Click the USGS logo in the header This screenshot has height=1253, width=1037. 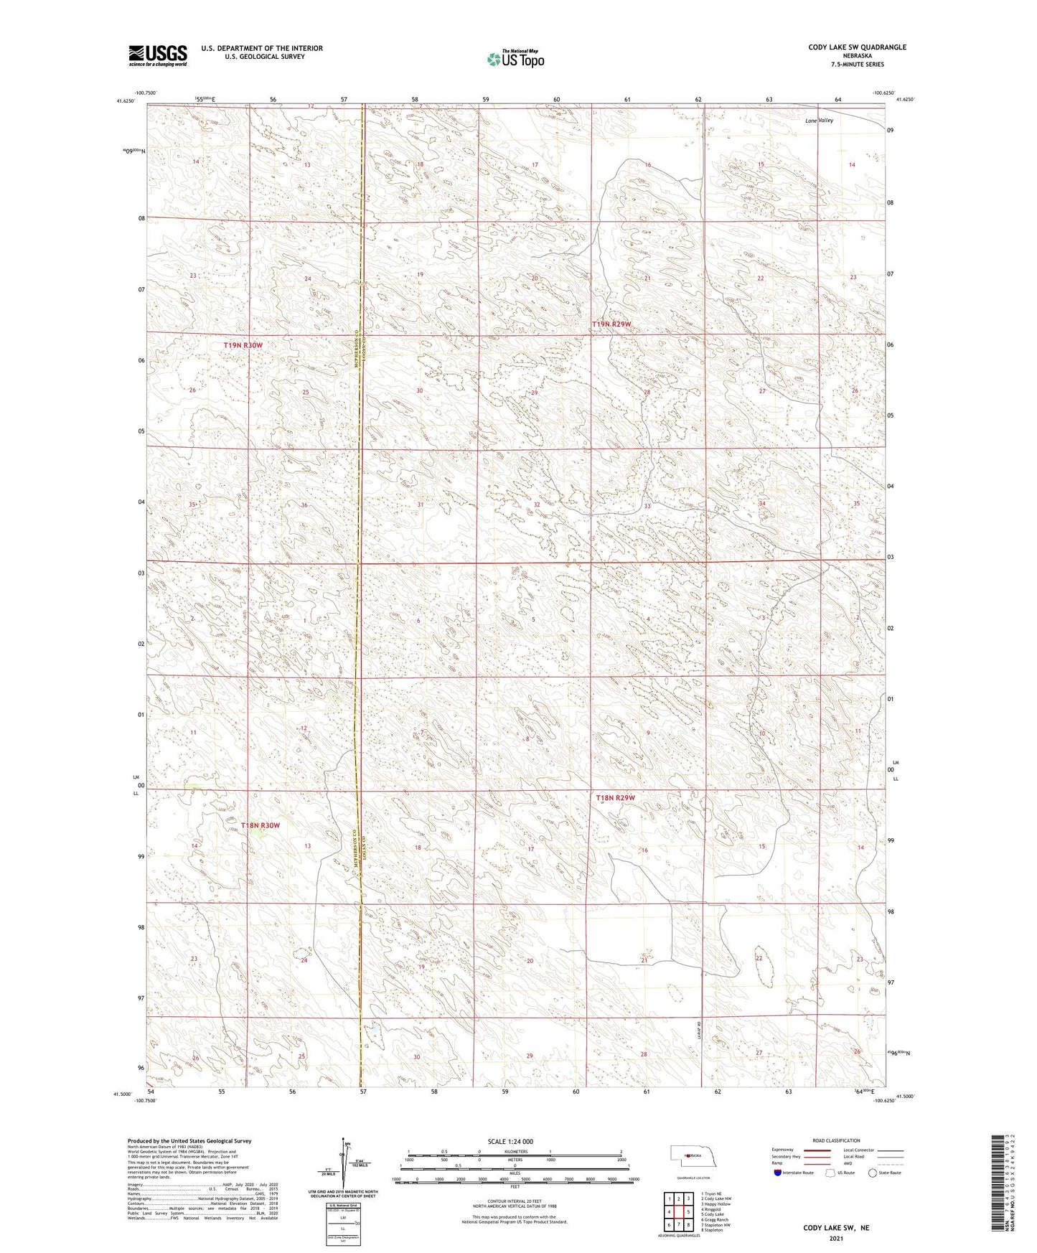(158, 55)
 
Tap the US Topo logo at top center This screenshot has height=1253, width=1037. (515, 59)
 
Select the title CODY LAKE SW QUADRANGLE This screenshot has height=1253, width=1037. (857, 47)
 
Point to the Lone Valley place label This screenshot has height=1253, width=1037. (819, 121)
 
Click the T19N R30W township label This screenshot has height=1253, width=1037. (243, 345)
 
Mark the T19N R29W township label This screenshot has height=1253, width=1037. (611, 324)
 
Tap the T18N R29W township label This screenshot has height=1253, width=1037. (616, 797)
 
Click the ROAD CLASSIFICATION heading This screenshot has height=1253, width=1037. (836, 1140)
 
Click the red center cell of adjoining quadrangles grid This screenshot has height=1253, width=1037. (678, 1212)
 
